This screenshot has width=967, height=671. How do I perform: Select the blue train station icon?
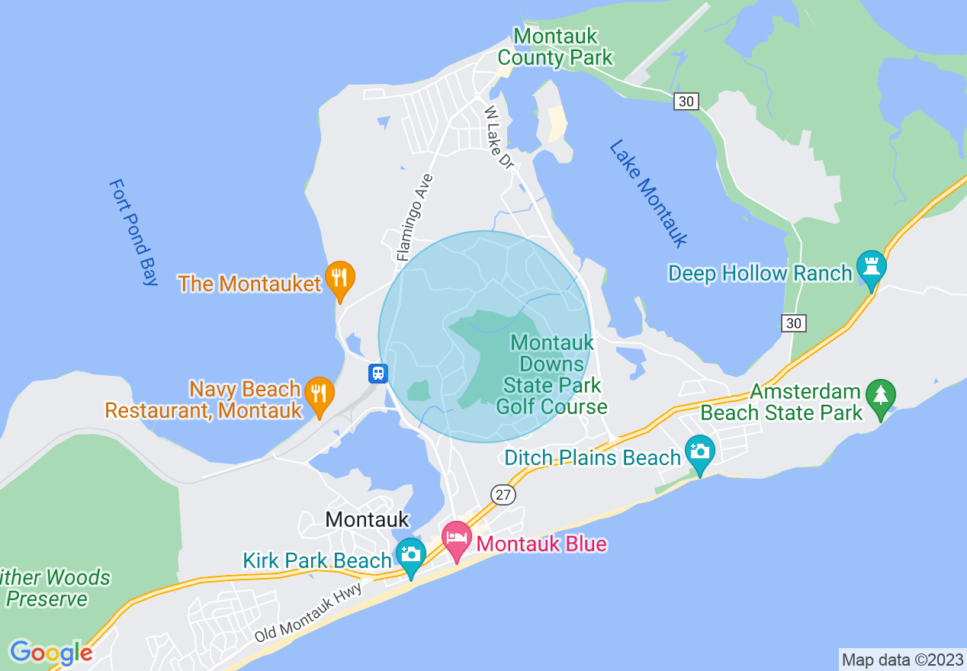click(x=378, y=374)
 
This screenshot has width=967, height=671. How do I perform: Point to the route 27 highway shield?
click(x=503, y=495)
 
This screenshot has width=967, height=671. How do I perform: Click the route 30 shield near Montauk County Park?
click(x=686, y=101)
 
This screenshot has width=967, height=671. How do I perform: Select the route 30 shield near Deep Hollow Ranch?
click(x=794, y=323)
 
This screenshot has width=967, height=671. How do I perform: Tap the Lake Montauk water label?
click(x=648, y=194)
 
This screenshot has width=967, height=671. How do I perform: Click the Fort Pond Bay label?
click(x=133, y=232)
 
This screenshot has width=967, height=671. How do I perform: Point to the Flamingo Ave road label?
click(x=415, y=217)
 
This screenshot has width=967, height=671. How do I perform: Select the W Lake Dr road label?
click(x=500, y=138)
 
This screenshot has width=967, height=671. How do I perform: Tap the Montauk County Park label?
click(x=555, y=47)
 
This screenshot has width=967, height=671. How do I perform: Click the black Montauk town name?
click(x=367, y=519)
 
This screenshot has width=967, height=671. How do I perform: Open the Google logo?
click(x=51, y=653)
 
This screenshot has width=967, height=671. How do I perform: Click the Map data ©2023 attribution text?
click(x=901, y=660)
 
